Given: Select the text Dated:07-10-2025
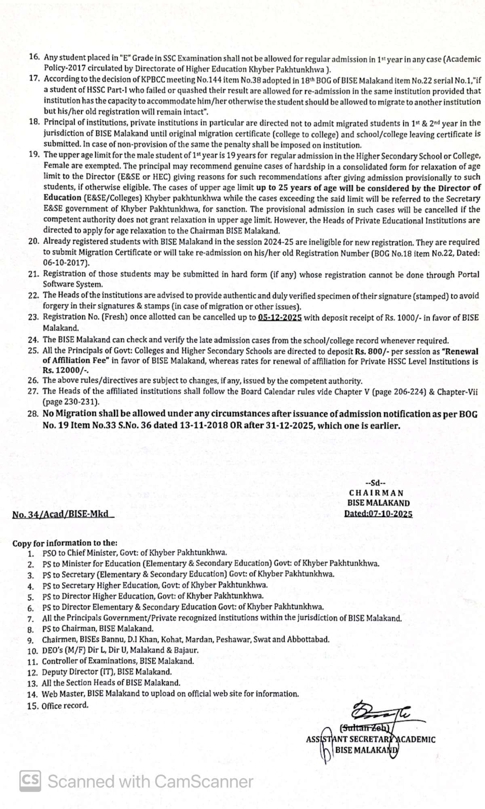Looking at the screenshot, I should pos(378,514).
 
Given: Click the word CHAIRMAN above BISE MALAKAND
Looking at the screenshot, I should pos(376,493).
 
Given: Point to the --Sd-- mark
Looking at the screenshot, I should pos(375,483).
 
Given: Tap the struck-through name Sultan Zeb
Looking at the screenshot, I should pos(365,729).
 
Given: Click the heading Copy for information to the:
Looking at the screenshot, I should pos(65,543).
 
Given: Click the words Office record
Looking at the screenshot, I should pos(65,706).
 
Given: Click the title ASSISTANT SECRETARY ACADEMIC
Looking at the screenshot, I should pos(371,739).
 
